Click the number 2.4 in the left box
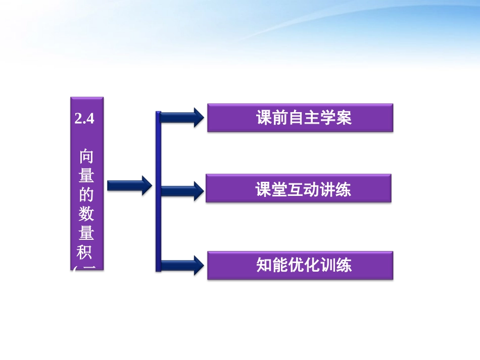click(84, 119)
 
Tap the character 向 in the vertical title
click(86, 156)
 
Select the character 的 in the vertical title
click(86, 194)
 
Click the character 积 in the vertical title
click(86, 252)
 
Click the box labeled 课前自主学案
click(300, 118)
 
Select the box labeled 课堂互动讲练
click(298, 189)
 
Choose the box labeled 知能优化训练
click(300, 266)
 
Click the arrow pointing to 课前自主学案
click(182, 118)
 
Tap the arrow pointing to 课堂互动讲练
click(182, 190)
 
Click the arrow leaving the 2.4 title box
click(129, 186)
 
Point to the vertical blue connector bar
click(158, 192)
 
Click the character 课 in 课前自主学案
click(265, 118)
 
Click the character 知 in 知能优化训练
click(265, 266)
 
